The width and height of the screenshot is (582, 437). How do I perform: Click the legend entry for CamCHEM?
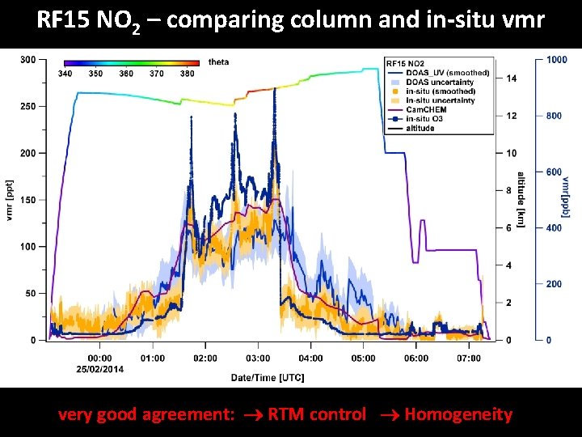coord(426,109)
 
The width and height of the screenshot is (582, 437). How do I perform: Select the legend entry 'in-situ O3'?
coord(424,119)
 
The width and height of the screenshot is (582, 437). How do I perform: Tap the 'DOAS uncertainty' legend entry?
coord(440,82)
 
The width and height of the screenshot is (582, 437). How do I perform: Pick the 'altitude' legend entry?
coord(420,128)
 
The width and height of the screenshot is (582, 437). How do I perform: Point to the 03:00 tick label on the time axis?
coord(258,359)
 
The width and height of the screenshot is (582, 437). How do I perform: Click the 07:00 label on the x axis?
coord(469,359)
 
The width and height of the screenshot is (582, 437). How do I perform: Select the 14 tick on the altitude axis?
coord(511,78)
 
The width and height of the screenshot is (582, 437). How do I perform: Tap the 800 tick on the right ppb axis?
coord(554,116)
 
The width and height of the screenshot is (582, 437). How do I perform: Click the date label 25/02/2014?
coord(100,369)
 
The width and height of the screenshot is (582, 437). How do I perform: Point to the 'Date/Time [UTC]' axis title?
coord(268,378)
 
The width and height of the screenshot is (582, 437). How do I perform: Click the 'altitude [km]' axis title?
coord(521,200)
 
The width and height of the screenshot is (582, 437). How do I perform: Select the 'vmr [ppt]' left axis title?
coord(10,201)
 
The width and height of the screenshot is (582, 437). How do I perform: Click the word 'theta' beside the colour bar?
coord(218,62)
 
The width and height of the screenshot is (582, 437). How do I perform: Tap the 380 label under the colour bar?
coord(187,74)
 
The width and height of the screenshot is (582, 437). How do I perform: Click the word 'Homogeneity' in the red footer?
coord(458,414)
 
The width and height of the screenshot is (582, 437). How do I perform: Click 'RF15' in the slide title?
coord(63,20)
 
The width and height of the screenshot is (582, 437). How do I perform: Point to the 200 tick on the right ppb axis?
coord(554,284)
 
